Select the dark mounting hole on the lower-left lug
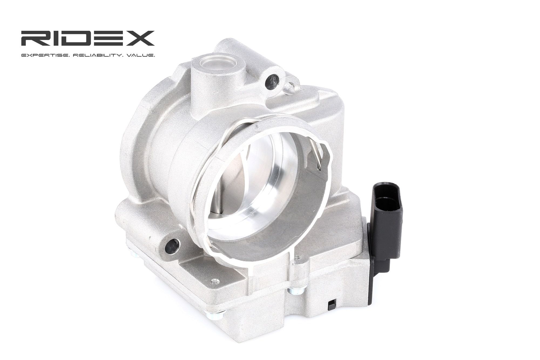pyautogui.click(x=172, y=246)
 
